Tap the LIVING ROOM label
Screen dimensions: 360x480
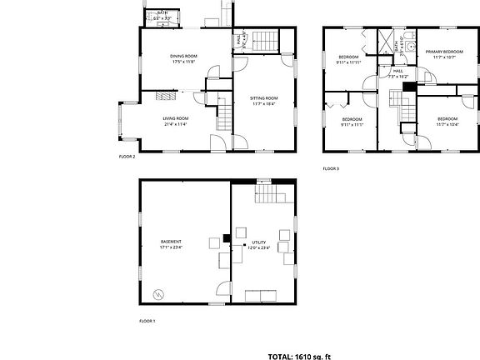tap(175, 118)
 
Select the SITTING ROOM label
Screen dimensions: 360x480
tap(263, 98)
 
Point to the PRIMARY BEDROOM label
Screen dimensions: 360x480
tap(443, 52)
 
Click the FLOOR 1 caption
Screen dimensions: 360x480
tap(147, 321)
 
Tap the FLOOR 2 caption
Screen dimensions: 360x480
tap(127, 156)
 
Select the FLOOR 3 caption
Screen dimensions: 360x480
tap(331, 168)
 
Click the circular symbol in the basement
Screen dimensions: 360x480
tap(158, 293)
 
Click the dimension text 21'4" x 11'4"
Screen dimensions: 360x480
tap(175, 124)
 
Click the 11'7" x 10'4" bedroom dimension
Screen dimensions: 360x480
tap(448, 124)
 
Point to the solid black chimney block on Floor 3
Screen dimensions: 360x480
tap(407, 86)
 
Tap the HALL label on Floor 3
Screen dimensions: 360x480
tap(397, 72)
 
